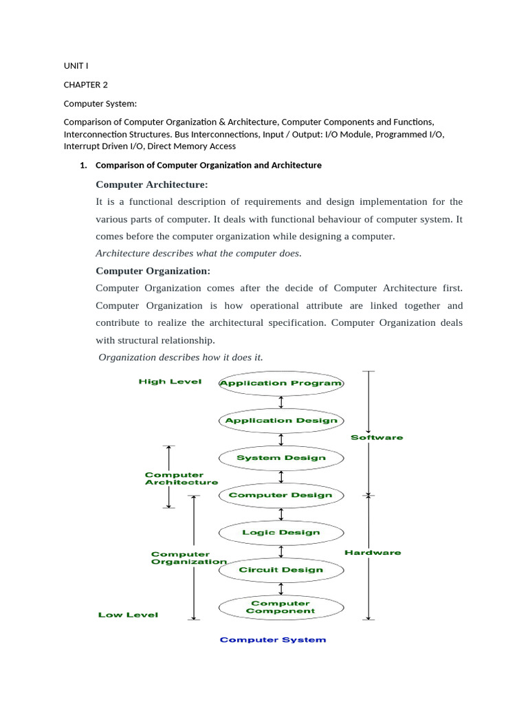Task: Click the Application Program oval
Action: [280, 383]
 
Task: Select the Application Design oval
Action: [280, 420]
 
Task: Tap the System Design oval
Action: [280, 458]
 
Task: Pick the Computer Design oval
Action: [280, 495]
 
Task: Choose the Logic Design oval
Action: [280, 532]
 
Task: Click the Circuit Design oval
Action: [280, 569]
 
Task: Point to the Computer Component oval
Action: [280, 607]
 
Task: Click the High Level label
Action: [170, 382]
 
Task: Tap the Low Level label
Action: [128, 615]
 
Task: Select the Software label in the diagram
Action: [377, 437]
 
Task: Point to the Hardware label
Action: [373, 552]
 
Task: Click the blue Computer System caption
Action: [273, 640]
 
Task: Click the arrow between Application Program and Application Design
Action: [280, 401]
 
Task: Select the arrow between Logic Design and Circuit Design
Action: [280, 551]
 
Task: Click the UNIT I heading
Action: [76, 66]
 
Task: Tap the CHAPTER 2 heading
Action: [86, 85]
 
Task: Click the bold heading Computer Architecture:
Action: [151, 184]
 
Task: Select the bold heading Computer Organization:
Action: [153, 271]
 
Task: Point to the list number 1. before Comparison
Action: [84, 166]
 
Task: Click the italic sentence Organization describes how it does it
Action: [181, 357]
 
